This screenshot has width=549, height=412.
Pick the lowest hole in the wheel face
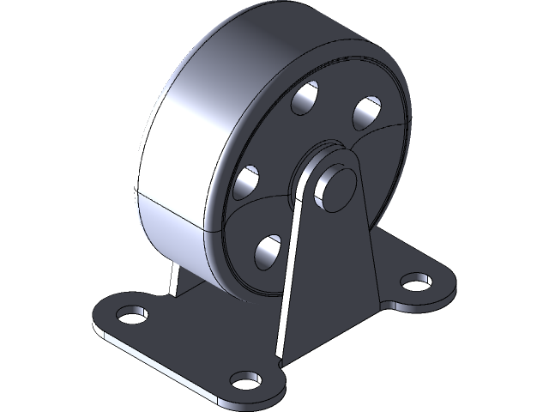pos(269,249)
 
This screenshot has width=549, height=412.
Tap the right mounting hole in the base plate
pos(416,282)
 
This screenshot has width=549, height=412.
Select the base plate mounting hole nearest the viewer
pos(246,379)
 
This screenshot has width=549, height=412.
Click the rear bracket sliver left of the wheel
pos(175,280)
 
